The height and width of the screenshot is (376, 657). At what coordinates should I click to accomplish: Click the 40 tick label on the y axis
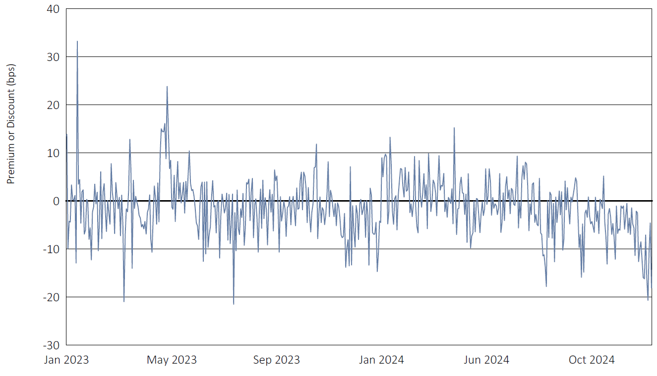click(x=53, y=9)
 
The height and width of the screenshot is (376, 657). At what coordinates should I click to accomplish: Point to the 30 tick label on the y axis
click(x=53, y=57)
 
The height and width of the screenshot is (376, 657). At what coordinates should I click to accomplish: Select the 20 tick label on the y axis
click(x=53, y=105)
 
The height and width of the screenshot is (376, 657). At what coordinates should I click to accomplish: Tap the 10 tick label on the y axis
click(x=53, y=153)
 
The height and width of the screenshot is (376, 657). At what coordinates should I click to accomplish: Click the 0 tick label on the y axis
click(x=57, y=201)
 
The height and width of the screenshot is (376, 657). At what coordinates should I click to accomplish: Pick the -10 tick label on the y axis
click(x=52, y=249)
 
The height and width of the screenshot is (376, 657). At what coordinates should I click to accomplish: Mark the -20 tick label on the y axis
click(x=52, y=297)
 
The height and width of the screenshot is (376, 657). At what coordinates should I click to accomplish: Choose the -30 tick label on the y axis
click(x=52, y=345)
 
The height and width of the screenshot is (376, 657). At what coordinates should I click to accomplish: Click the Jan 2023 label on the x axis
click(x=66, y=360)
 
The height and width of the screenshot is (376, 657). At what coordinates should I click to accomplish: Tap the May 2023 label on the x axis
click(x=172, y=360)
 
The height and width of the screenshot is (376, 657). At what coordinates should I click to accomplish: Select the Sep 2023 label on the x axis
click(x=277, y=360)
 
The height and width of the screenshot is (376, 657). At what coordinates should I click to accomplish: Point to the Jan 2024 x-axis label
click(x=381, y=360)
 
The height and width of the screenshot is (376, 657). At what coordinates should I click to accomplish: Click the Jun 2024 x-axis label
click(x=486, y=360)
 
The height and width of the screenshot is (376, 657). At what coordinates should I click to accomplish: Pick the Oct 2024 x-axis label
click(x=591, y=360)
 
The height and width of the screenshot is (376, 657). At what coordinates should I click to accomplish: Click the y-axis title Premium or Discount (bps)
click(x=11, y=124)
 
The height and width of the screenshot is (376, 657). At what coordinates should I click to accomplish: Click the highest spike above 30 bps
click(x=77, y=41)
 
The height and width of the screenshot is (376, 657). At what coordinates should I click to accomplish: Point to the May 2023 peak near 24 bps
click(x=167, y=87)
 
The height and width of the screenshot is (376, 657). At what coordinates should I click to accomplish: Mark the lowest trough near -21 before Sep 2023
click(x=234, y=304)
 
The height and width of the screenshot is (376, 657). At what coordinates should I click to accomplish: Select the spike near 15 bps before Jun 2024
click(x=454, y=128)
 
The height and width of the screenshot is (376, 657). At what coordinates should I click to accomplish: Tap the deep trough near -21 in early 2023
click(x=124, y=301)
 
